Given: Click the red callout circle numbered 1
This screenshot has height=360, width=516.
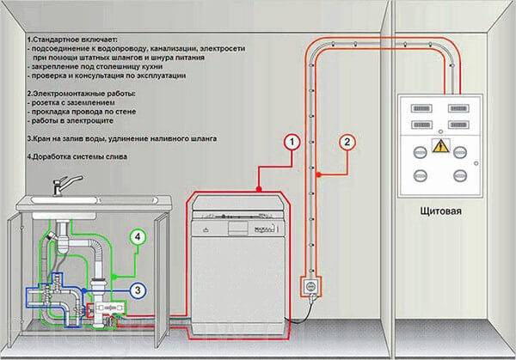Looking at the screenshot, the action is pos(292,143).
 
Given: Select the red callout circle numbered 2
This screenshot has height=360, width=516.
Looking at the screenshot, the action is pos(347,143).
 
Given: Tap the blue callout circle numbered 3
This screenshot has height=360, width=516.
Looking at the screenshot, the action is pos(138,290).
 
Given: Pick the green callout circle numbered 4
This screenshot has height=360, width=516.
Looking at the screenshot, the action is pos(138,237).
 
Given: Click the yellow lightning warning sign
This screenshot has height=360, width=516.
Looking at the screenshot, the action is pos(440,146).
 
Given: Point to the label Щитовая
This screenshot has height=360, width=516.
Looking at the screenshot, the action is pos(440,211).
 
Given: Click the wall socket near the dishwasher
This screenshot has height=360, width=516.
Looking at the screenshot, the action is pos(310,287).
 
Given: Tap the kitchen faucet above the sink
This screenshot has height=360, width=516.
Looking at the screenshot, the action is pos(66,186).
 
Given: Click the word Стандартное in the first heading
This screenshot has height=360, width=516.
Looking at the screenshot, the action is pos(53,40).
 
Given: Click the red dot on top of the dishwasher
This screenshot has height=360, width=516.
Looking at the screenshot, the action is pos(259,189).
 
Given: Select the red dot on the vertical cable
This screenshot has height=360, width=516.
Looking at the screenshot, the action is pos(318,174).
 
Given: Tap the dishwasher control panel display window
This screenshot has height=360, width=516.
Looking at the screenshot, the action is pos(238,229).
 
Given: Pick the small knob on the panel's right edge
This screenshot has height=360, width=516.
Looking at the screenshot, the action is pos(476,163).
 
